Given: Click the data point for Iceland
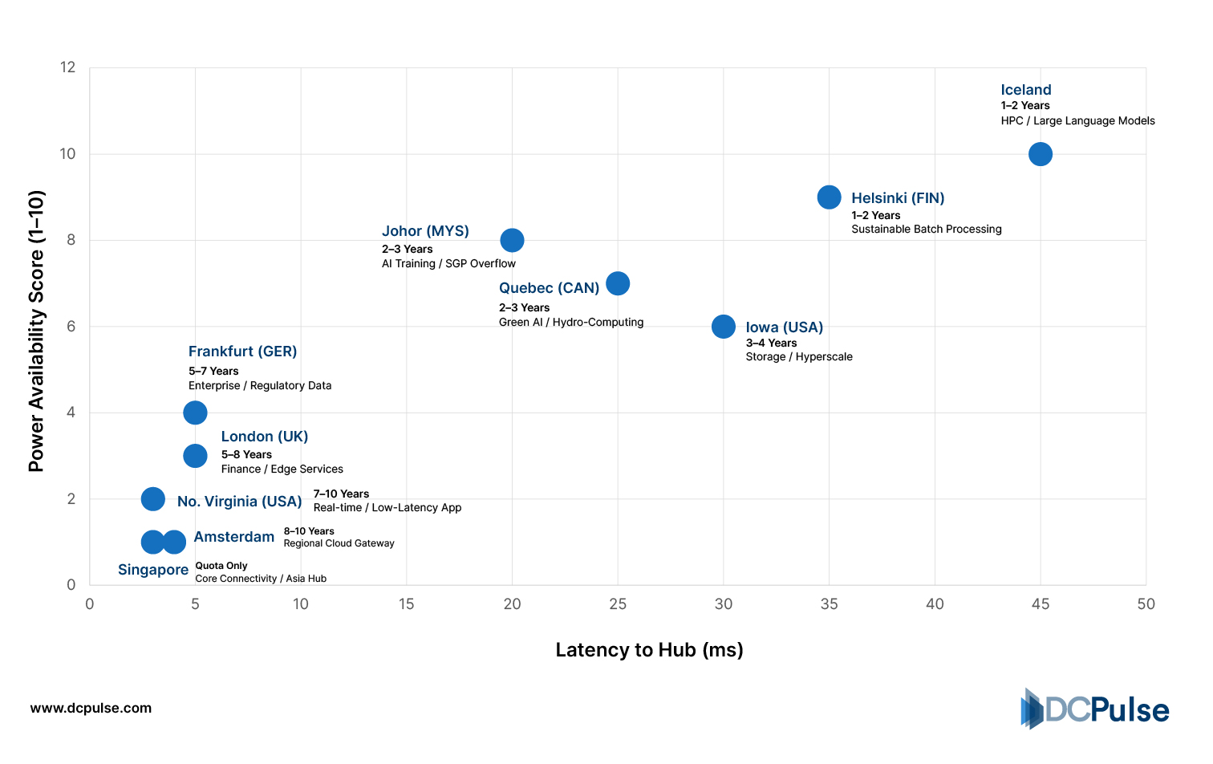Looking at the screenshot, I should click(x=1040, y=154).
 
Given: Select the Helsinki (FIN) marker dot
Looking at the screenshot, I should click(x=829, y=197).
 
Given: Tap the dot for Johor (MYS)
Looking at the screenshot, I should click(x=512, y=240).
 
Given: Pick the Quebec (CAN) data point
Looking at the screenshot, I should click(x=618, y=283).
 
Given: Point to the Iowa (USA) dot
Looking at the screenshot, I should click(x=723, y=327).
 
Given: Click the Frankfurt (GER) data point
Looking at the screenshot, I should click(x=195, y=412).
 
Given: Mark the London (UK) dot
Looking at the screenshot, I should click(x=195, y=456).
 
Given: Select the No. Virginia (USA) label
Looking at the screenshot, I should click(x=239, y=502).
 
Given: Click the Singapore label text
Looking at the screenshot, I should click(x=153, y=570).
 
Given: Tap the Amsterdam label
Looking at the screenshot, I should click(x=234, y=537).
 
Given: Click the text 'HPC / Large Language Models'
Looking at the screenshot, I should click(x=1077, y=121).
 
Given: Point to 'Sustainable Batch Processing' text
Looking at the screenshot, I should click(x=926, y=230).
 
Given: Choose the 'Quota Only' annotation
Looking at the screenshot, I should click(x=221, y=566).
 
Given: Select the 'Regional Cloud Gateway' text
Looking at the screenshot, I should click(x=339, y=543).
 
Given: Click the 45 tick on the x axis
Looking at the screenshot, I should click(x=1040, y=604).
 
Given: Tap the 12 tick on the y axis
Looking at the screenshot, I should click(x=67, y=67).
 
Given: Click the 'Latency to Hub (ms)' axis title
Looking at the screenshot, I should click(x=649, y=650).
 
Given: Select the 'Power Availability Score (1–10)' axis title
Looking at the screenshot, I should click(x=37, y=331).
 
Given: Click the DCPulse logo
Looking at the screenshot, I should click(x=1094, y=709).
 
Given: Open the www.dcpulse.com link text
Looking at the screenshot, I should click(x=91, y=709).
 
